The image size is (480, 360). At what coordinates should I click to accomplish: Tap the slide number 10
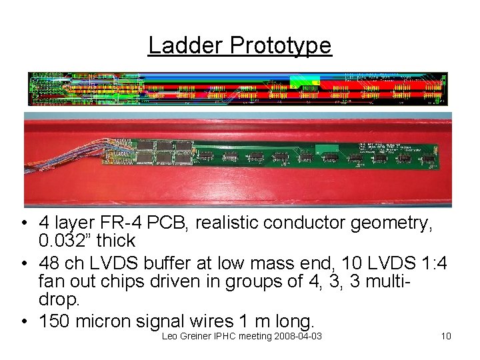[446, 335]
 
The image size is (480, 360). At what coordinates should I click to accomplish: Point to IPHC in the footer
[231, 335]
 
